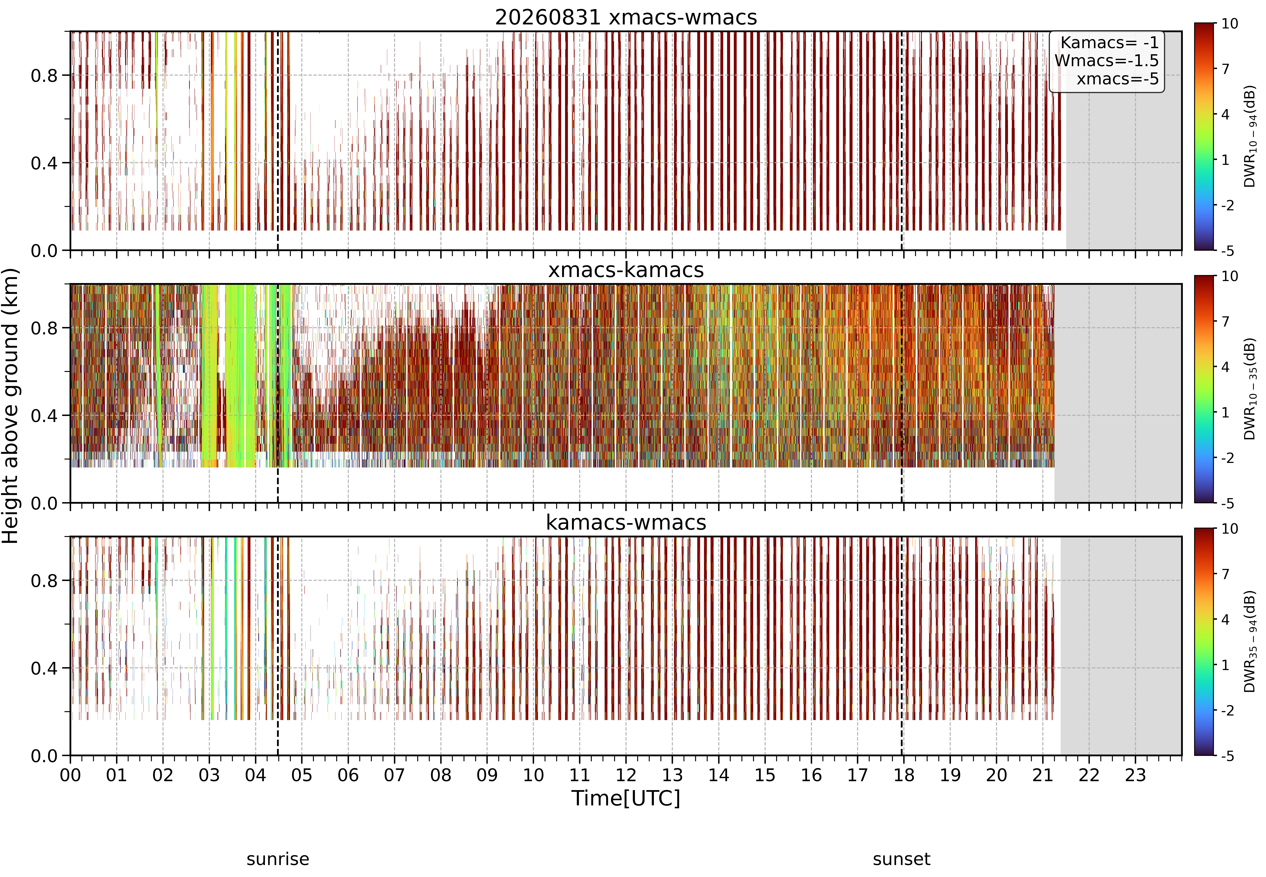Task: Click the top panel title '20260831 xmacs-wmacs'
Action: [x=626, y=18]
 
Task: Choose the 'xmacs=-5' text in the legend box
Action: [x=1118, y=79]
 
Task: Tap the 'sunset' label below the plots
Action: [x=902, y=859]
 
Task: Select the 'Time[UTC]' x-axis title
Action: [x=626, y=798]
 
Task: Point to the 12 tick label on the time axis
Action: [x=626, y=775]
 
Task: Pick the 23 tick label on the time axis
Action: [x=1135, y=775]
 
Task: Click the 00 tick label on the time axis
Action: [x=70, y=775]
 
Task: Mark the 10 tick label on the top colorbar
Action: [x=1230, y=24]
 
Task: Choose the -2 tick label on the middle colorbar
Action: [x=1228, y=458]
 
